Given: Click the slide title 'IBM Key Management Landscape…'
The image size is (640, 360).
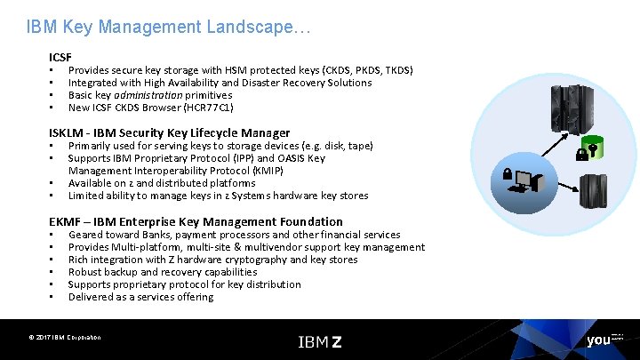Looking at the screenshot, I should (x=168, y=28).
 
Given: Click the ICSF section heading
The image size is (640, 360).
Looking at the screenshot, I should (x=60, y=57).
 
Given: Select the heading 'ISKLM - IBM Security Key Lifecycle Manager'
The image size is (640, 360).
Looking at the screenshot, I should (x=169, y=132).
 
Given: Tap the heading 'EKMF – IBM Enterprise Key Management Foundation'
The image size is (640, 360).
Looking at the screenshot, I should (x=196, y=221).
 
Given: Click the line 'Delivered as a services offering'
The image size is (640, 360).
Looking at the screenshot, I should (x=140, y=297).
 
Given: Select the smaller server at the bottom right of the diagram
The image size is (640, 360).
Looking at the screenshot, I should (x=592, y=192).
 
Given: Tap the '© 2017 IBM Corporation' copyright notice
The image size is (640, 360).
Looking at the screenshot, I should (x=64, y=338).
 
